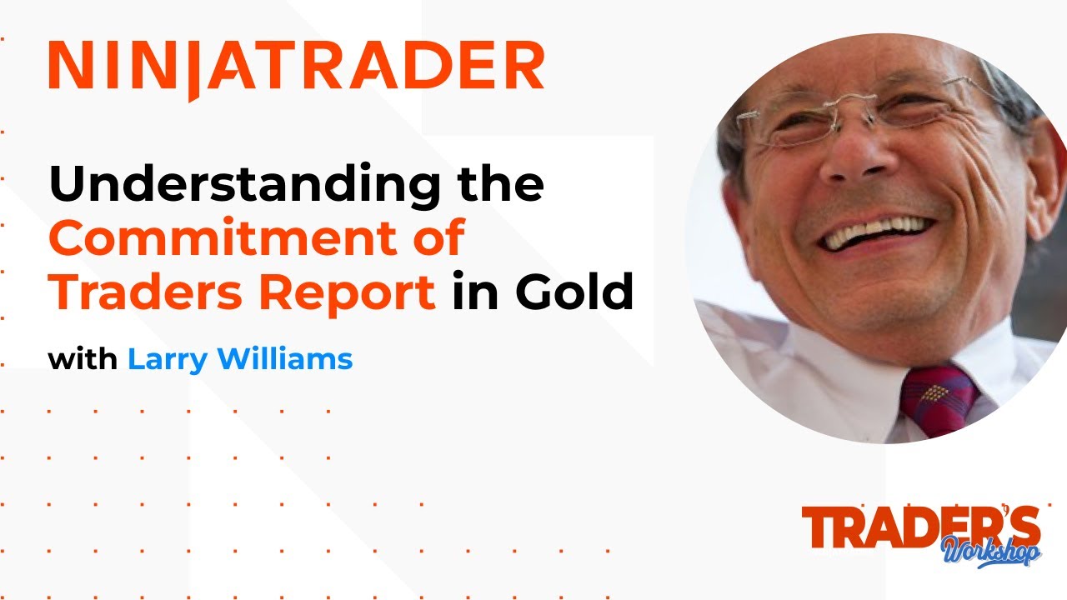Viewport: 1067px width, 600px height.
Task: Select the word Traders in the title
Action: click(128, 292)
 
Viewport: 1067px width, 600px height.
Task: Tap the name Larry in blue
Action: click(166, 360)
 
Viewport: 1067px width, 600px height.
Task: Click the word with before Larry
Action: click(83, 360)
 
